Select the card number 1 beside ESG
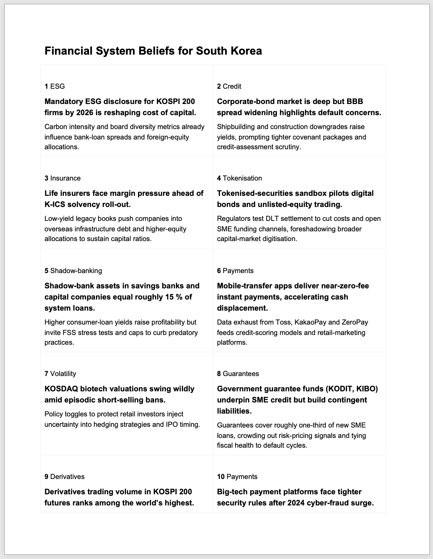[x=46, y=86]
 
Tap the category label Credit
[x=232, y=86]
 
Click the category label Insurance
[x=65, y=178]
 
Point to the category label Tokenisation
[x=242, y=178]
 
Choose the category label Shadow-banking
[x=76, y=271]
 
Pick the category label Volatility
[x=63, y=374]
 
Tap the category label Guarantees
[x=241, y=374]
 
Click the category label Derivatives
[x=67, y=477]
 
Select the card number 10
[x=221, y=477]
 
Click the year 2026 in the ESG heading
[x=86, y=113]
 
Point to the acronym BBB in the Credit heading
[x=355, y=102]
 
